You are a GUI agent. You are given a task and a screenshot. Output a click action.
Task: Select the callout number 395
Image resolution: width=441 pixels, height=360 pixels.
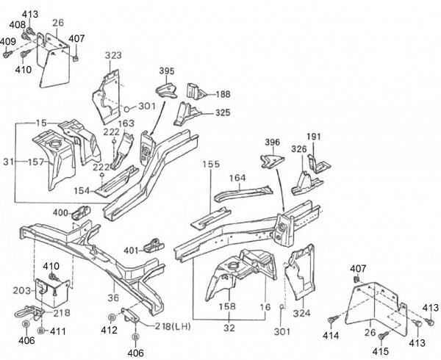pos(168,71)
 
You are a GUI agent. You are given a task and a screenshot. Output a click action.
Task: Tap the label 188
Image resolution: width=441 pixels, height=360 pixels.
pos(222,94)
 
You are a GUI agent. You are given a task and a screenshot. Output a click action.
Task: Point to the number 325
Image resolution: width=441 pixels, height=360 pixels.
pos(223,113)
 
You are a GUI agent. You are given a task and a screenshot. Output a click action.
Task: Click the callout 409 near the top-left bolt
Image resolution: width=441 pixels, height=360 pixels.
pos(8,42)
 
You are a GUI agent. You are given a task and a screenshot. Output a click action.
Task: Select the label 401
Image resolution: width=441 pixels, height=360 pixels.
pos(132,250)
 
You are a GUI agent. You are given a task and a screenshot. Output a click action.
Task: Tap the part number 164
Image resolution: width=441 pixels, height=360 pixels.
pos(237,177)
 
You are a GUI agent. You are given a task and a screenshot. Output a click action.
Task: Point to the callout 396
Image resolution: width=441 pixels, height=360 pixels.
pos(273,143)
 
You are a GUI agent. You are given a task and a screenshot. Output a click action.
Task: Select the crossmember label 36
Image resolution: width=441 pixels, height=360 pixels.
pos(112,297)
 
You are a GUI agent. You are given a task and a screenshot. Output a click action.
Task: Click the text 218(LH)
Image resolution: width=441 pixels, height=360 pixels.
pos(174,325)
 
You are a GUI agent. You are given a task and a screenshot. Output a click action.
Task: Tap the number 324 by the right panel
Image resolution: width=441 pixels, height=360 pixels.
pos(302,313)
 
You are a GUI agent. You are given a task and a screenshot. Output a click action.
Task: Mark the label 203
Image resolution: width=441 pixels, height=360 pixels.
pos(21,291)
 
